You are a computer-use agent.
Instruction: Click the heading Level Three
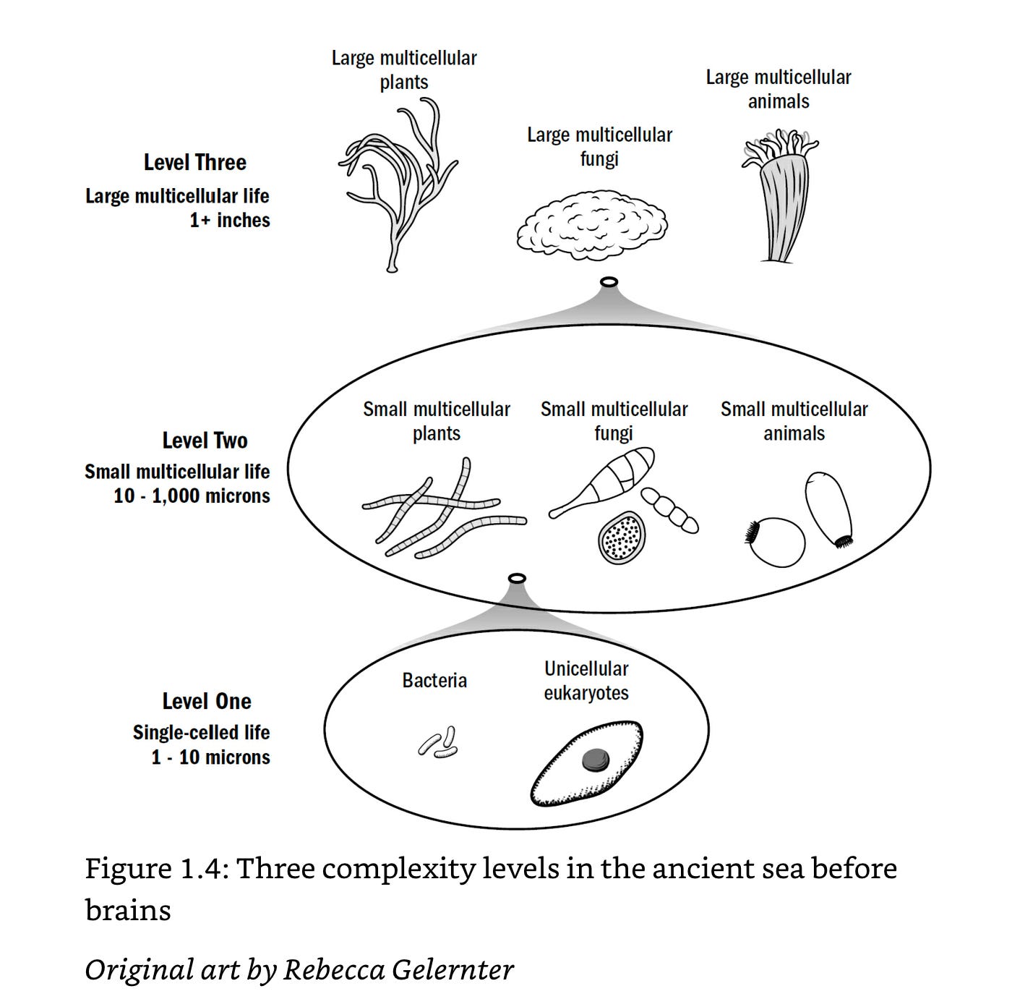[194, 163]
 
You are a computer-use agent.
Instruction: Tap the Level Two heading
[205, 441]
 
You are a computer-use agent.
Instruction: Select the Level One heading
[207, 701]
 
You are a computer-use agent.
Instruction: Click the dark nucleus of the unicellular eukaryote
[596, 760]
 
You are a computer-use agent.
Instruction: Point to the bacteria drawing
[439, 743]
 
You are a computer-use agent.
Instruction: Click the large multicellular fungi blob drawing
[593, 224]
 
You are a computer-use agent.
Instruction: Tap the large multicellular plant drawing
[398, 188]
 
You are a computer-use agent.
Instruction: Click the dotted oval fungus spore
[622, 538]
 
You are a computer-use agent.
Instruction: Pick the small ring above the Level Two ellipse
[609, 282]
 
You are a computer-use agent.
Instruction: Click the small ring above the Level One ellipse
[518, 578]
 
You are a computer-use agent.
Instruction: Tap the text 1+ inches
[230, 220]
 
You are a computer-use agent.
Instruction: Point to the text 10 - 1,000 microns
[192, 496]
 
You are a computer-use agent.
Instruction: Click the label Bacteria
[434, 681]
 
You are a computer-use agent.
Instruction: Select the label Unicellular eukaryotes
[586, 681]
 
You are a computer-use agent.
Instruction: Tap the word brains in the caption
[128, 910]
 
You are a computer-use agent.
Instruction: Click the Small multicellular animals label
[794, 421]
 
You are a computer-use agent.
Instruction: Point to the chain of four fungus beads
[670, 510]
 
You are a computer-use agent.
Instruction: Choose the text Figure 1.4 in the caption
[155, 868]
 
